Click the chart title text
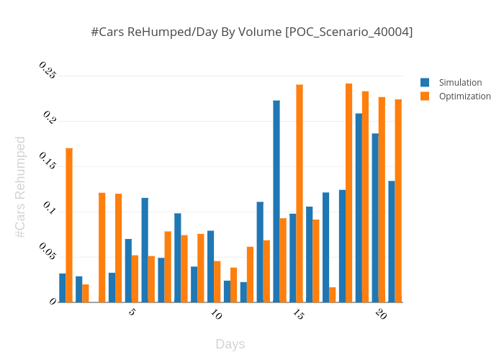[x=251, y=32]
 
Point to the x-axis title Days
[x=230, y=344]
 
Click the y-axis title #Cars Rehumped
[x=20, y=187]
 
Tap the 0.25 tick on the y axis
[x=48, y=71]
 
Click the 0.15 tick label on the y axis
[x=48, y=161]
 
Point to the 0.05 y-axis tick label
[x=48, y=252]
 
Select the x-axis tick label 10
[x=216, y=315]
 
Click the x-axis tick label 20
[x=381, y=315]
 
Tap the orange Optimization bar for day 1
[x=69, y=225]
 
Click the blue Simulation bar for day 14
[x=276, y=202]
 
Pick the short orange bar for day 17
[x=333, y=294]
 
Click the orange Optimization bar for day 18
[x=349, y=193]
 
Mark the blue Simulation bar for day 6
[x=145, y=250]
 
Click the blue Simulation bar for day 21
[x=392, y=241]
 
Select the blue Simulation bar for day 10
[x=211, y=266]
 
